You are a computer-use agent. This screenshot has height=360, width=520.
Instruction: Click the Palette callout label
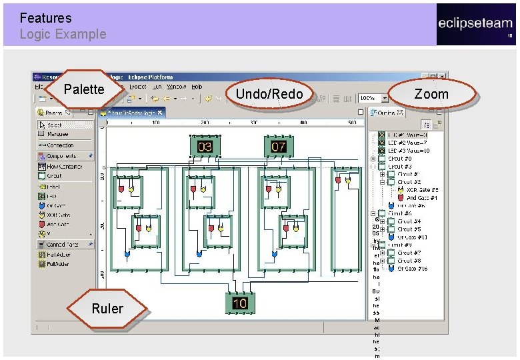click(84, 89)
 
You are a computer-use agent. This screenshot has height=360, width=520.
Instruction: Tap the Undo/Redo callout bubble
click(269, 94)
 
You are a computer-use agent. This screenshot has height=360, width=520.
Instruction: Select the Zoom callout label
click(431, 94)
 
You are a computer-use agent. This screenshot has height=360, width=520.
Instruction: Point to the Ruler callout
click(107, 309)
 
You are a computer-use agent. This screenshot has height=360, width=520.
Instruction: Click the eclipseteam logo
click(475, 24)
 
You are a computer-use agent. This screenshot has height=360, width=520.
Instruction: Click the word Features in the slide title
click(45, 18)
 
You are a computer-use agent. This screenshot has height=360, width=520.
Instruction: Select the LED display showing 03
click(205, 146)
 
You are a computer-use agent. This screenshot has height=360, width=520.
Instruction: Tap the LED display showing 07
click(278, 146)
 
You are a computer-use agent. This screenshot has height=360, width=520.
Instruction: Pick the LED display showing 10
click(240, 303)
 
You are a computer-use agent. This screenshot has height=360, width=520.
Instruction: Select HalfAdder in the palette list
click(59, 254)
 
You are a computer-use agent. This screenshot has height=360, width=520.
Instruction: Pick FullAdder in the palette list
click(59, 263)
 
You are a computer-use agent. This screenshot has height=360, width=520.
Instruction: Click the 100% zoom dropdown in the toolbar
click(373, 99)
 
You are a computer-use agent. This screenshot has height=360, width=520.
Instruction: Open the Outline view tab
click(386, 113)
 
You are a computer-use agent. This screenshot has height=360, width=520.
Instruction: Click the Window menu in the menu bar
click(177, 87)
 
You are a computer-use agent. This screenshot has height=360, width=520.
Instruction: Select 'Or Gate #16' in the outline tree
click(412, 269)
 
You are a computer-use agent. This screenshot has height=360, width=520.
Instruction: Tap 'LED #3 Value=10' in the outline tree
click(409, 151)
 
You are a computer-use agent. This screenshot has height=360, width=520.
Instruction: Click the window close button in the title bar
click(443, 77)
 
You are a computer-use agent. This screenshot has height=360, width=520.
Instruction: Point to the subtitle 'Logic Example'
click(63, 34)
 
